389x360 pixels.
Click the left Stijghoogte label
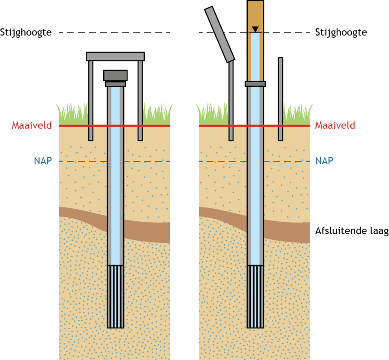(x=26, y=32)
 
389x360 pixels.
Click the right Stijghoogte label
(x=341, y=32)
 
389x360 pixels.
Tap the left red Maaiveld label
(x=32, y=126)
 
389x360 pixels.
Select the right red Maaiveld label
(x=335, y=126)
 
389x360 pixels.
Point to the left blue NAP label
(x=43, y=161)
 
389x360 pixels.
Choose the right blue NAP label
(x=324, y=161)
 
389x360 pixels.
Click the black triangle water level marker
(x=255, y=29)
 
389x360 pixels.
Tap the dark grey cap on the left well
(x=115, y=76)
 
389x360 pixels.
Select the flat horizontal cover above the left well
(x=115, y=56)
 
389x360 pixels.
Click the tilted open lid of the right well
(x=219, y=34)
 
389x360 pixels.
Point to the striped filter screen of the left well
(x=115, y=296)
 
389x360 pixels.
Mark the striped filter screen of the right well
(x=255, y=296)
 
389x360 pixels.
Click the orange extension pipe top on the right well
(x=255, y=13)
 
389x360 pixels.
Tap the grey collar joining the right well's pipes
(x=255, y=83)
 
